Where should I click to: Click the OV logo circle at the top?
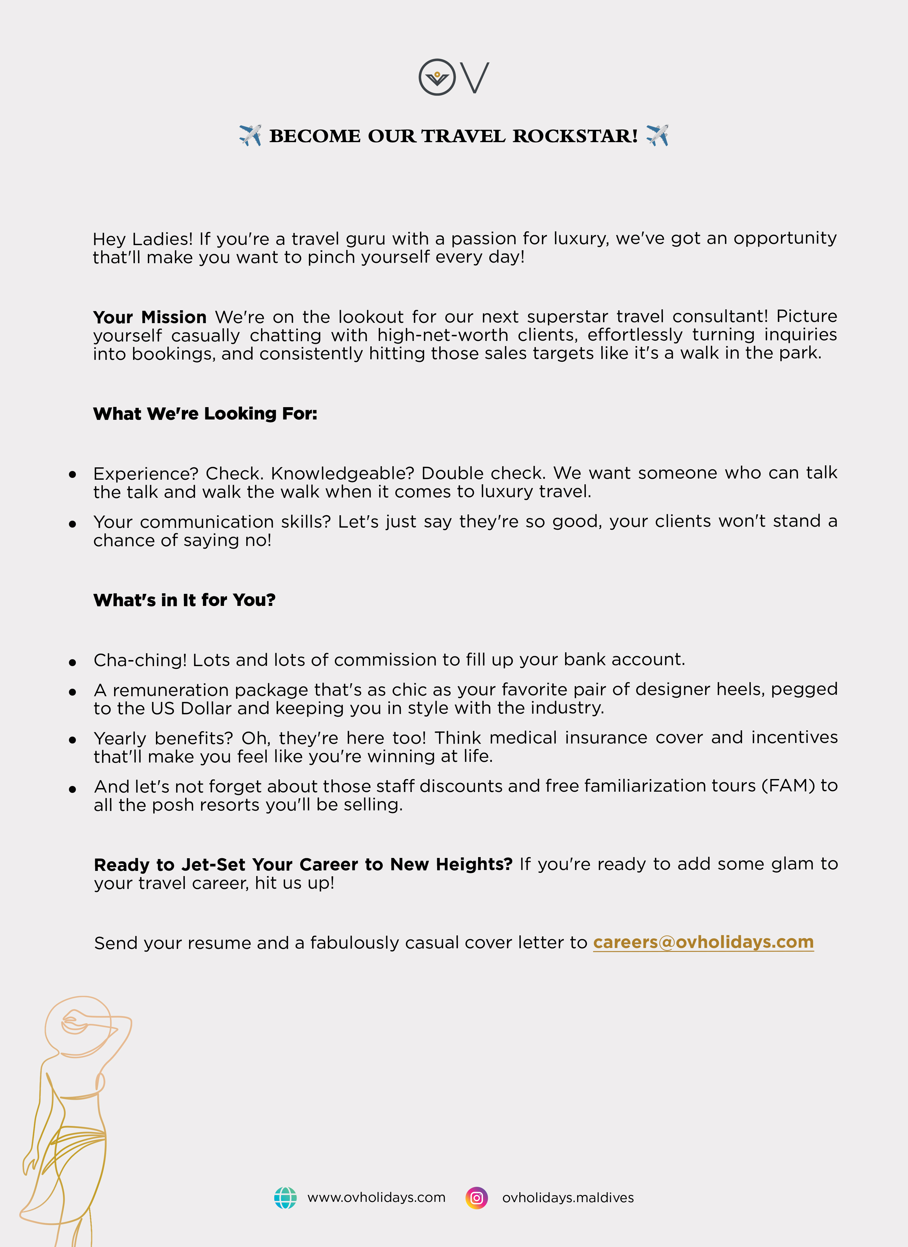[437, 77]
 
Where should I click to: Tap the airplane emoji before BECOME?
[250, 135]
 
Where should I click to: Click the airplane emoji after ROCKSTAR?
[657, 135]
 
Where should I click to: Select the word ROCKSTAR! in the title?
[575, 136]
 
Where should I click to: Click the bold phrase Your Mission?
[150, 317]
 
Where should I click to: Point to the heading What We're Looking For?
[205, 413]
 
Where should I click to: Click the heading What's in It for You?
[184, 600]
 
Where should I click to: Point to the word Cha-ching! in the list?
[140, 660]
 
